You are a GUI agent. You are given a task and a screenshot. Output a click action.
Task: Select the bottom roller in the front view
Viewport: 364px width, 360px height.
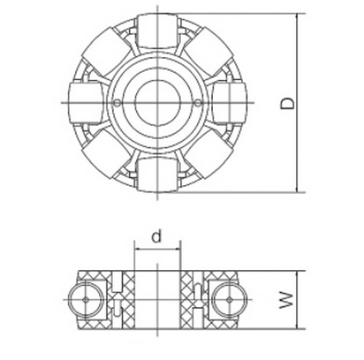tap(156, 174)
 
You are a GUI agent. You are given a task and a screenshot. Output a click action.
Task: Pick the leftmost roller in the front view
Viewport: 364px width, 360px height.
tap(83, 103)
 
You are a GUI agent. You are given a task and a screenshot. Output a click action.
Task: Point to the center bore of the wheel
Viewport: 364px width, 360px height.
tap(157, 103)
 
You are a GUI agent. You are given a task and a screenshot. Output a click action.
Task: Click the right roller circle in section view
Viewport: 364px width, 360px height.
tap(226, 296)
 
